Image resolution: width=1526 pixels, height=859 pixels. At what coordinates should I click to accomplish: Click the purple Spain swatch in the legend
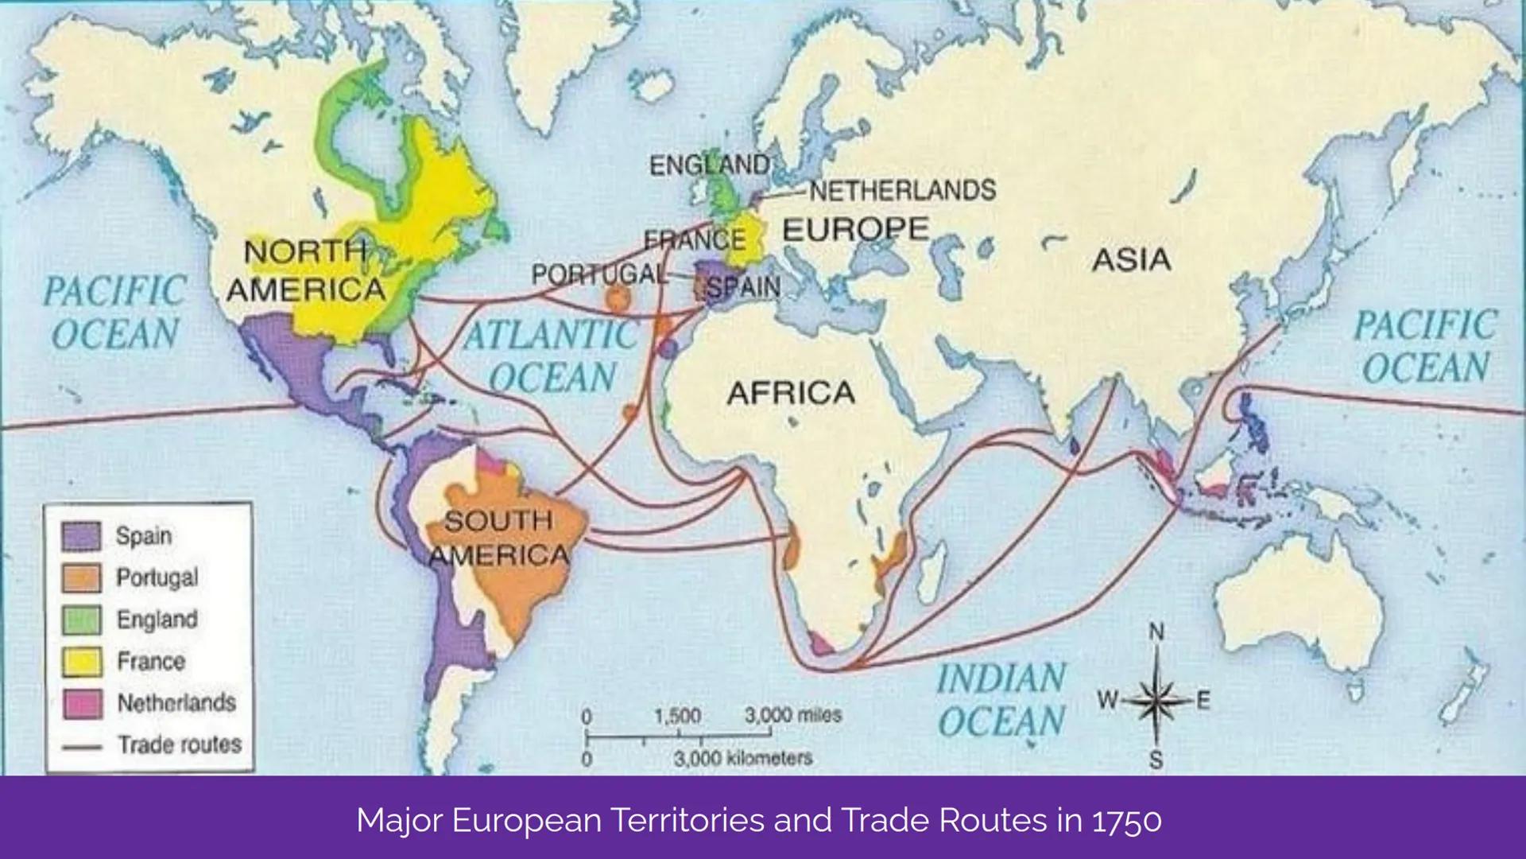81,536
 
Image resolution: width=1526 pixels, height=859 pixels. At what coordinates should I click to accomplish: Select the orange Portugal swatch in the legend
81,578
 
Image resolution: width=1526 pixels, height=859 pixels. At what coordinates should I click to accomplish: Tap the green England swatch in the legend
81,620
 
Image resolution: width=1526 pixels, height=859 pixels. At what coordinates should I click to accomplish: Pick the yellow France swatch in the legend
81,662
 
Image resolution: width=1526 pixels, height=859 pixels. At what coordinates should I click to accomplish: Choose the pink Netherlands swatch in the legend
81,704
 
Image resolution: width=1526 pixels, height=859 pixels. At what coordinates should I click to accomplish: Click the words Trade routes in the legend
180,745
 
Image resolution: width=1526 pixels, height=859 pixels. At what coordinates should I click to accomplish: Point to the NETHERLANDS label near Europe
902,190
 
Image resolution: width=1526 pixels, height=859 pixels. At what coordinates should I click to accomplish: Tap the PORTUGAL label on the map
599,274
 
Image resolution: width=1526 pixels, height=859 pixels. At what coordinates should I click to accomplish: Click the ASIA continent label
1131,260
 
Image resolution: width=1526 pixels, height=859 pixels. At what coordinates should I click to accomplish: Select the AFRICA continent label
791,393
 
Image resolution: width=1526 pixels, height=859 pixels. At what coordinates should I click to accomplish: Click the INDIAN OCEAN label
1001,700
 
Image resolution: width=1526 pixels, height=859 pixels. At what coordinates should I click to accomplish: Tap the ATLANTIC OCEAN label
552,356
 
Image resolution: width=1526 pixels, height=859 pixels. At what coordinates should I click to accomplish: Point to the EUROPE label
855,230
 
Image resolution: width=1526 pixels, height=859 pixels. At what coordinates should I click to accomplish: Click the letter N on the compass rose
1156,632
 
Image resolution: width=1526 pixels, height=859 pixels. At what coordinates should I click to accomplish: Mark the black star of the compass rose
1156,701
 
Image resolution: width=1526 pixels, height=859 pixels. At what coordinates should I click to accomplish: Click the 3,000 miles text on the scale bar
792,715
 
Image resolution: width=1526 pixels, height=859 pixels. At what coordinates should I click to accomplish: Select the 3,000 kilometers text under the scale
743,758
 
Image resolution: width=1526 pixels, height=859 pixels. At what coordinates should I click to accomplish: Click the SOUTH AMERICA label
498,538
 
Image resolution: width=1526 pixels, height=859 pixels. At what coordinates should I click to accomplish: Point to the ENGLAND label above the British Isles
709,165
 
